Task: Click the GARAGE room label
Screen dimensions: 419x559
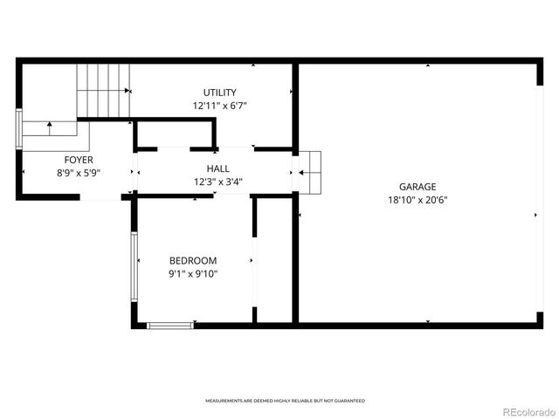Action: tap(418, 186)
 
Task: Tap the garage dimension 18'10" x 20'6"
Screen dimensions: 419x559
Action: tap(418, 199)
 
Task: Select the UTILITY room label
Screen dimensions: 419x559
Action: tap(219, 93)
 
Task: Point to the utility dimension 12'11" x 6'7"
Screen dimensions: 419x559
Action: tap(219, 106)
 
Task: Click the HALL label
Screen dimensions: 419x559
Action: tap(218, 168)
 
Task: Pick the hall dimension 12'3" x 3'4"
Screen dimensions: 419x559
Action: tap(218, 182)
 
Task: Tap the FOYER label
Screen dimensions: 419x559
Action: tap(79, 160)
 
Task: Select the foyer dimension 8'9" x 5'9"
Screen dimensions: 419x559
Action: tap(79, 173)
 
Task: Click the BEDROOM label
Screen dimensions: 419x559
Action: tap(193, 260)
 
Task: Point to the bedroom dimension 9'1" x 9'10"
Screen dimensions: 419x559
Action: tap(193, 274)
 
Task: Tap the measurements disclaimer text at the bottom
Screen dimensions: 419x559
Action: tap(285, 401)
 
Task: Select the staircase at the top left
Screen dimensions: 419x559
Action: tap(102, 90)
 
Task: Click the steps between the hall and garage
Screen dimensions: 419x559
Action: tap(311, 171)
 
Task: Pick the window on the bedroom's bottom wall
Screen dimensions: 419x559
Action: tap(169, 326)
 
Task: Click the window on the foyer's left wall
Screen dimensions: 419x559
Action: tap(19, 130)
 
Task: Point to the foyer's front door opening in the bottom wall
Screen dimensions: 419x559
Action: tap(100, 198)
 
